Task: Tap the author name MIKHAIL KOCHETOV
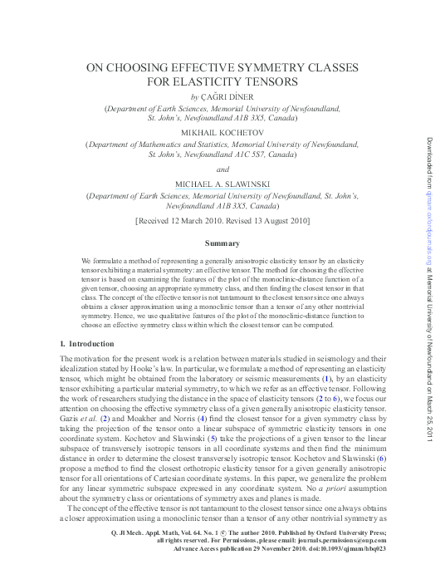click(222, 132)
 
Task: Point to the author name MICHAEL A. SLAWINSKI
click(222, 183)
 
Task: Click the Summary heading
click(222, 243)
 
